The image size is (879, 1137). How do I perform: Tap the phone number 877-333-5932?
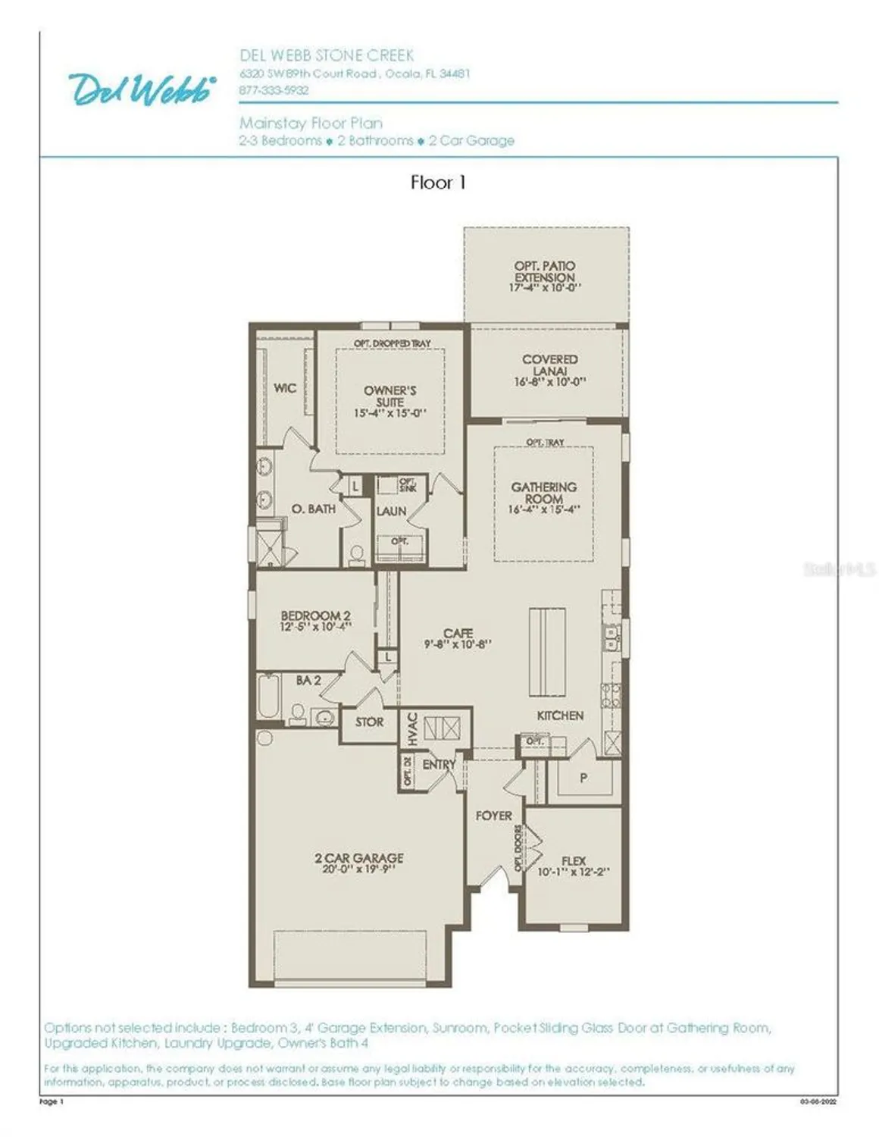tap(274, 89)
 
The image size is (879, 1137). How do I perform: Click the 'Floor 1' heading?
tap(438, 182)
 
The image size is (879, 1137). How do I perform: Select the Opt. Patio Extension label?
tap(544, 271)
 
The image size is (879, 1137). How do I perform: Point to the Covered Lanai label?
tap(549, 365)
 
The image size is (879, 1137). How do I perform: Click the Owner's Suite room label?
tap(389, 396)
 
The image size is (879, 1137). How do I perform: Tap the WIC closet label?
tap(284, 388)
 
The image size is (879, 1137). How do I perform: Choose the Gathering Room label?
tap(543, 493)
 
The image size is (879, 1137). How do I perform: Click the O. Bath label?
tap(313, 509)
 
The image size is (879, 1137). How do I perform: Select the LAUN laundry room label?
tap(391, 512)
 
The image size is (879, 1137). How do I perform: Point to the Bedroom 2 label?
tap(315, 616)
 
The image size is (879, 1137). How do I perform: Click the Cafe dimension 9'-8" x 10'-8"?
tap(458, 644)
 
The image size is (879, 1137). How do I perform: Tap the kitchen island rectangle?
tap(547, 650)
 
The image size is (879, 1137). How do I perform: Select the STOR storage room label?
tap(369, 722)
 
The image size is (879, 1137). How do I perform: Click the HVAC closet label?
tap(411, 728)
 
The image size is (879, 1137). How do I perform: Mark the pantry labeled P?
tap(583, 778)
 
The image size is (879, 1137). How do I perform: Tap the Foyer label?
tap(493, 816)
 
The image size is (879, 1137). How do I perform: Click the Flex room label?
tap(573, 861)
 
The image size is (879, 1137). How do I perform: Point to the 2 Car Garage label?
tap(358, 858)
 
